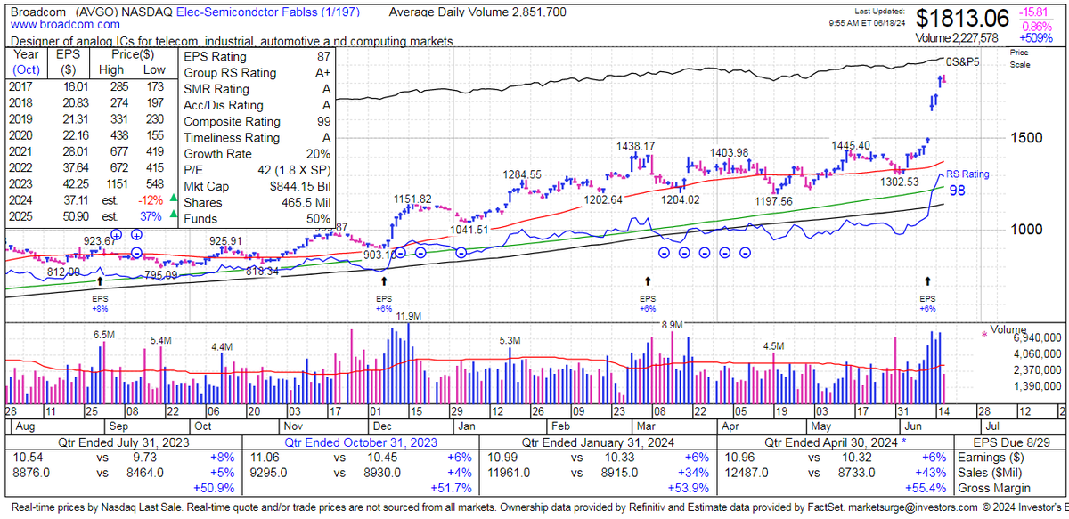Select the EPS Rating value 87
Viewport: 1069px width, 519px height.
pos(325,55)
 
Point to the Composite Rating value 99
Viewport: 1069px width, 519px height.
pos(325,121)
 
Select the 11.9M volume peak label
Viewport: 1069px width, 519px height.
pos(409,316)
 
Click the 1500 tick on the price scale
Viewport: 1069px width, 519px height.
pos(1026,137)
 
